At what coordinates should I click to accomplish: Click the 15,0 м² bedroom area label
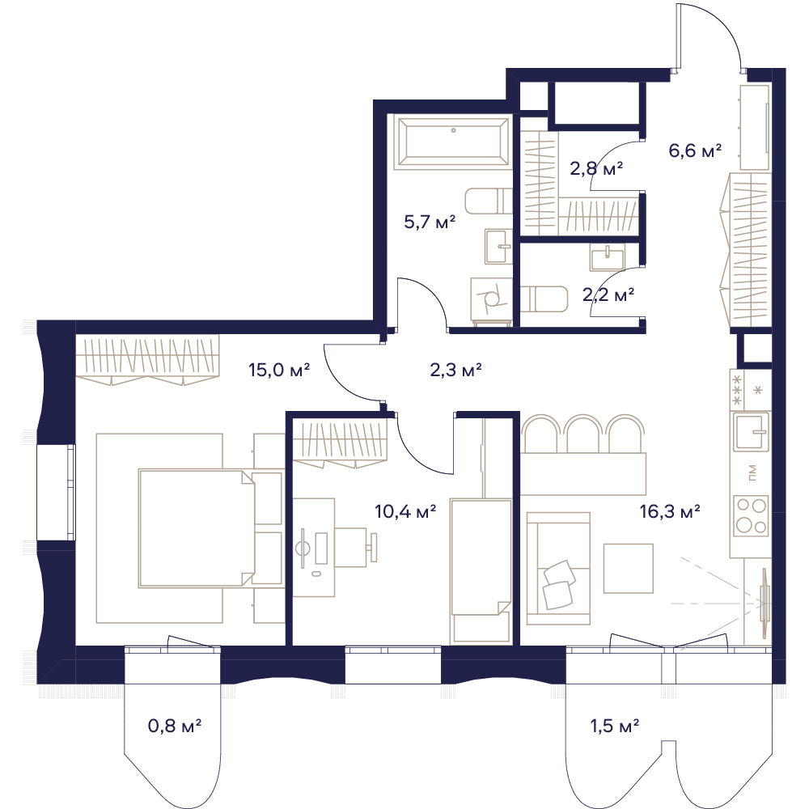point(278,370)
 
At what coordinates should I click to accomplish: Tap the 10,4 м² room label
point(405,511)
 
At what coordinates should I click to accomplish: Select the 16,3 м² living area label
point(670,511)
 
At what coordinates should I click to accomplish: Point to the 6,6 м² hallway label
point(694,150)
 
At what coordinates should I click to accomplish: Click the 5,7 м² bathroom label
point(430,222)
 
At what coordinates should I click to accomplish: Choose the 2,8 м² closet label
point(596,168)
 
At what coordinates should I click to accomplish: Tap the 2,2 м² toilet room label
point(608,294)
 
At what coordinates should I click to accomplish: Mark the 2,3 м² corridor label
point(455,370)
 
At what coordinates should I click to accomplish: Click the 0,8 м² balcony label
point(175,726)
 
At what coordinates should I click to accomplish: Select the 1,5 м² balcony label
point(615,726)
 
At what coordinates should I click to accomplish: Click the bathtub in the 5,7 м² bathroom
point(453,142)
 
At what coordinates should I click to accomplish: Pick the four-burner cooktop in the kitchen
point(752,515)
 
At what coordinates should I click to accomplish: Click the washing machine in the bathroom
point(491,301)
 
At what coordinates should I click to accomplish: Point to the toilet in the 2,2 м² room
point(544,300)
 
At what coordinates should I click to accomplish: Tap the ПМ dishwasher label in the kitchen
point(752,473)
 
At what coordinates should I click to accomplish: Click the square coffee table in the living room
point(629,568)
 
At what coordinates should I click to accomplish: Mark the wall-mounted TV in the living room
point(765,602)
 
